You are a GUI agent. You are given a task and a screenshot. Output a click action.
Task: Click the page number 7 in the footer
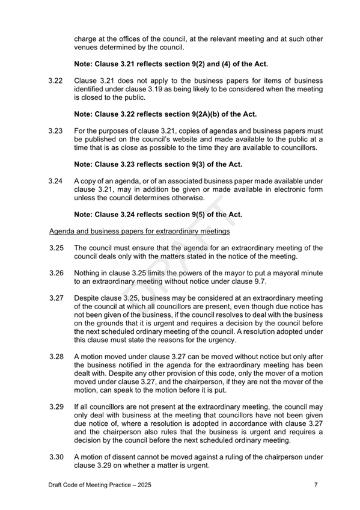(x=316, y=485)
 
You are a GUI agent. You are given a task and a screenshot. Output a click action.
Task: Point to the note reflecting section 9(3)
(x=170, y=163)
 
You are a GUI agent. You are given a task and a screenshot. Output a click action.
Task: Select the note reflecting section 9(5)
(x=170, y=214)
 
